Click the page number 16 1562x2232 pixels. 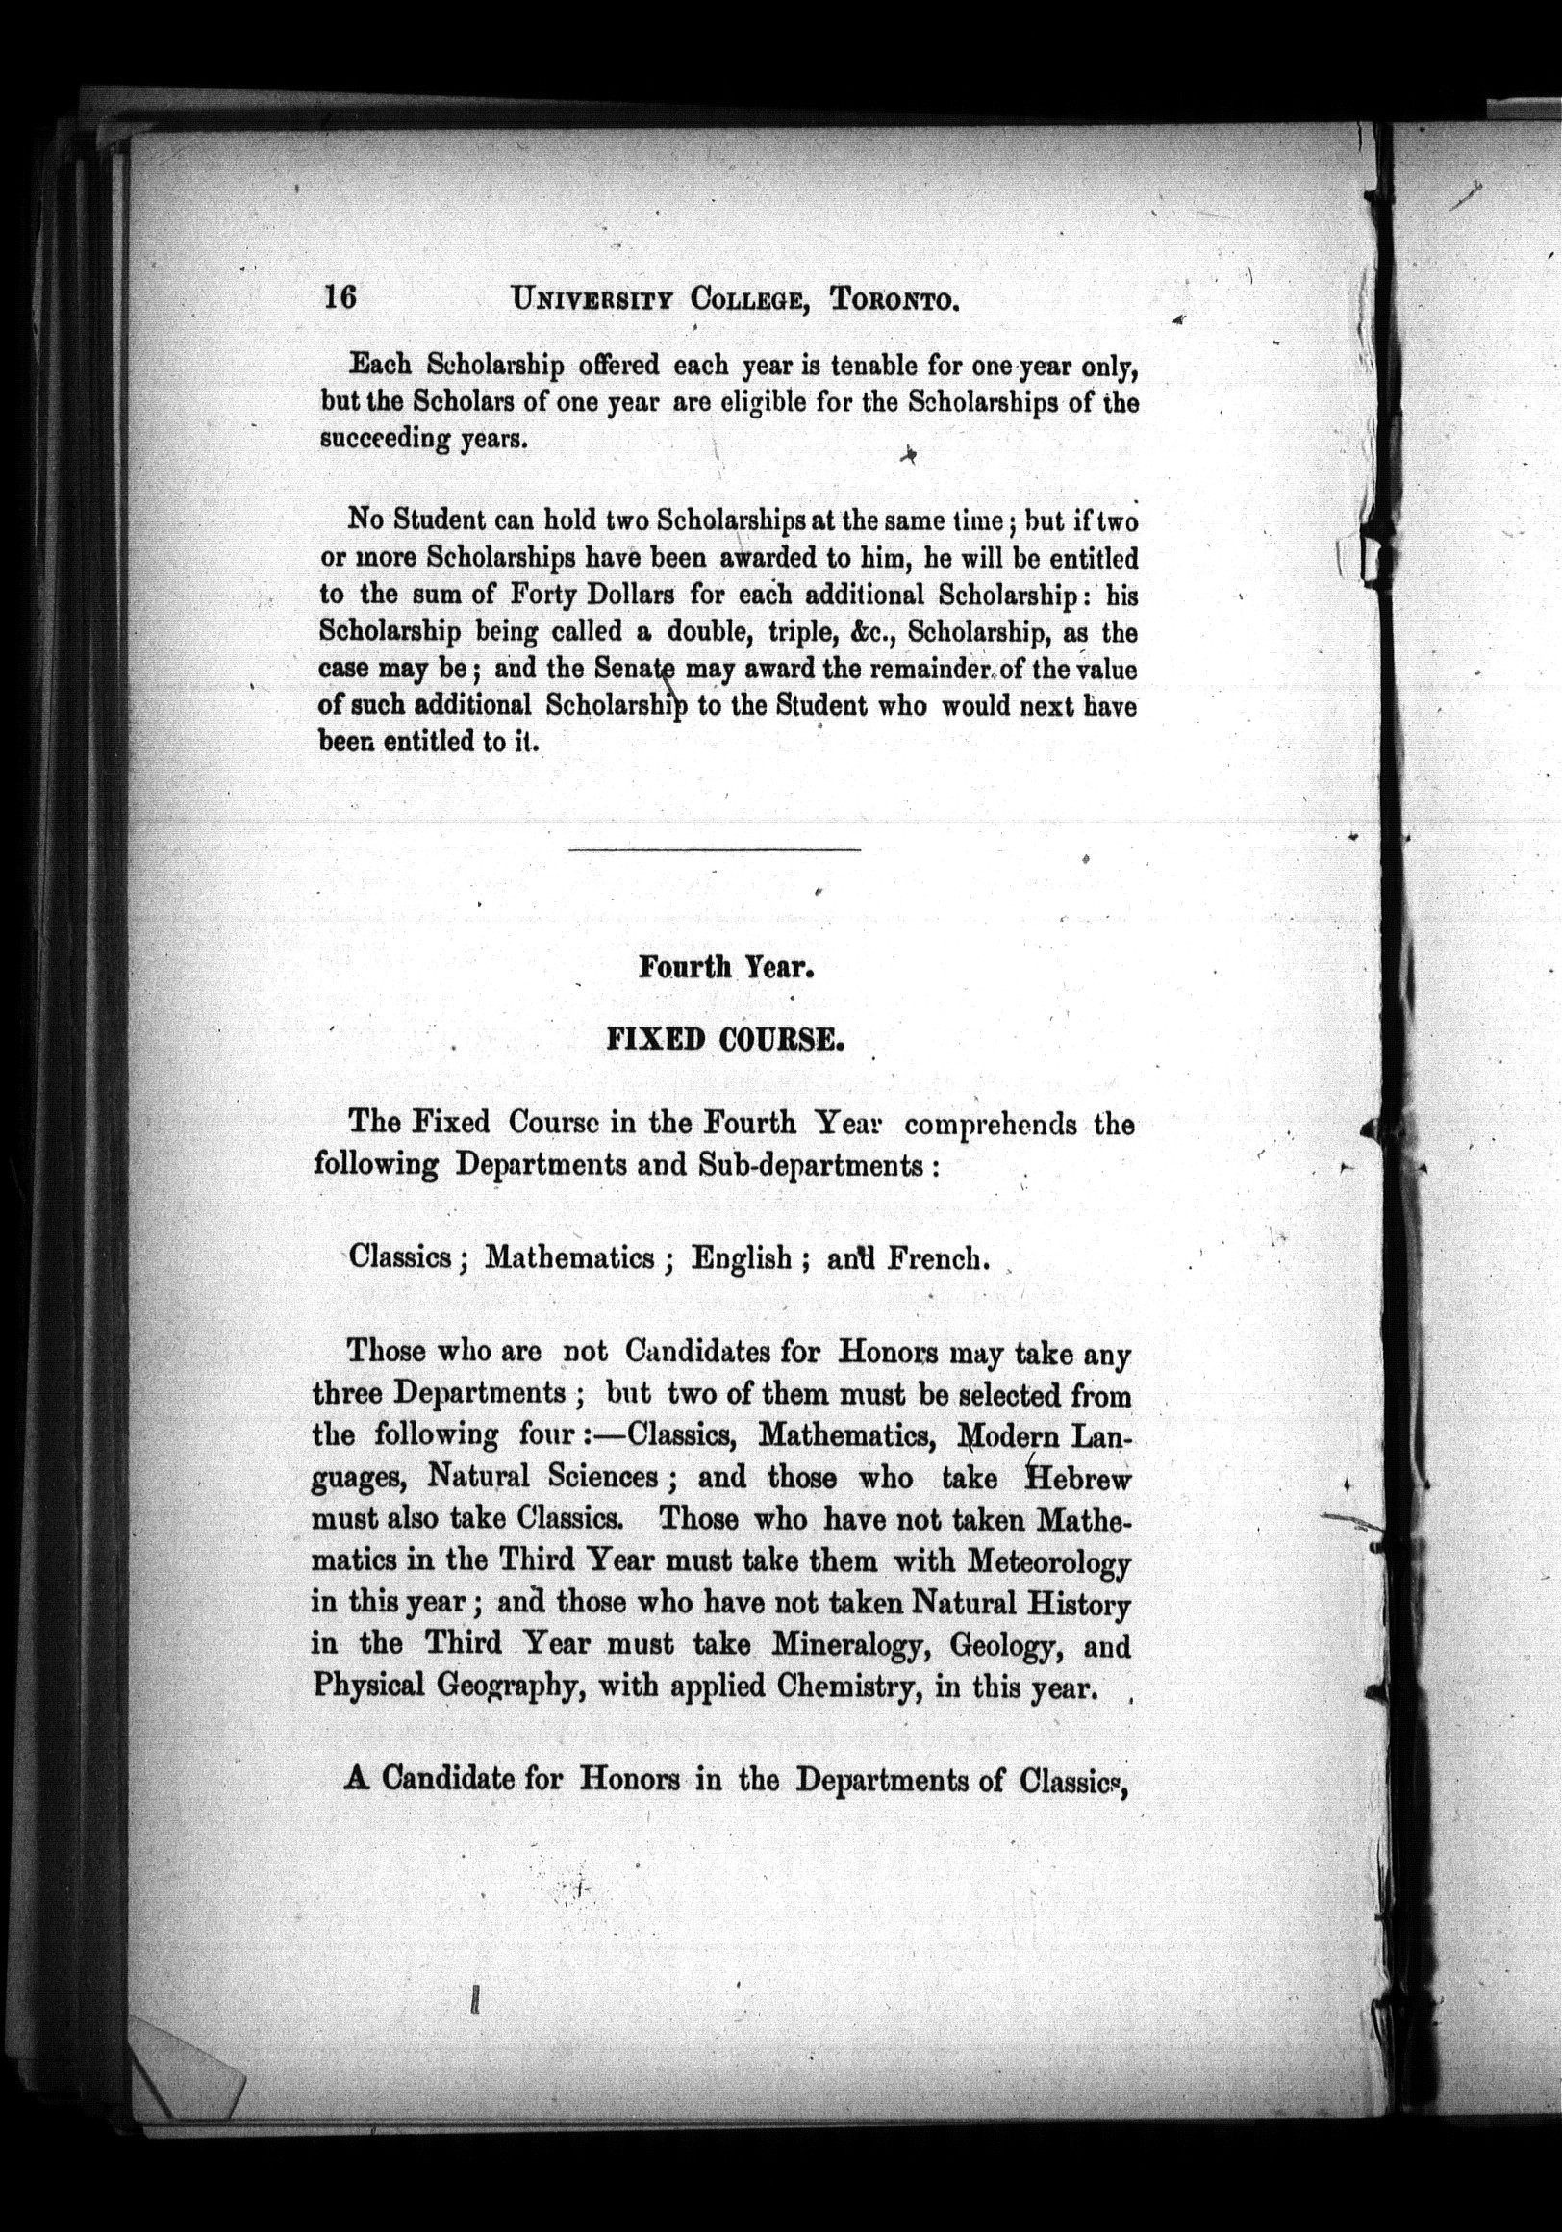tap(340, 296)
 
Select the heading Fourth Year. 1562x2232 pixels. tap(725, 968)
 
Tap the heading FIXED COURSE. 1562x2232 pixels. tap(724, 1040)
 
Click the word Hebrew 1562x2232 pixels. tap(1080, 1480)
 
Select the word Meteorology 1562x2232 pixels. tap(1048, 1562)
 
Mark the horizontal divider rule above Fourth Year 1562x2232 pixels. tap(715, 850)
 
